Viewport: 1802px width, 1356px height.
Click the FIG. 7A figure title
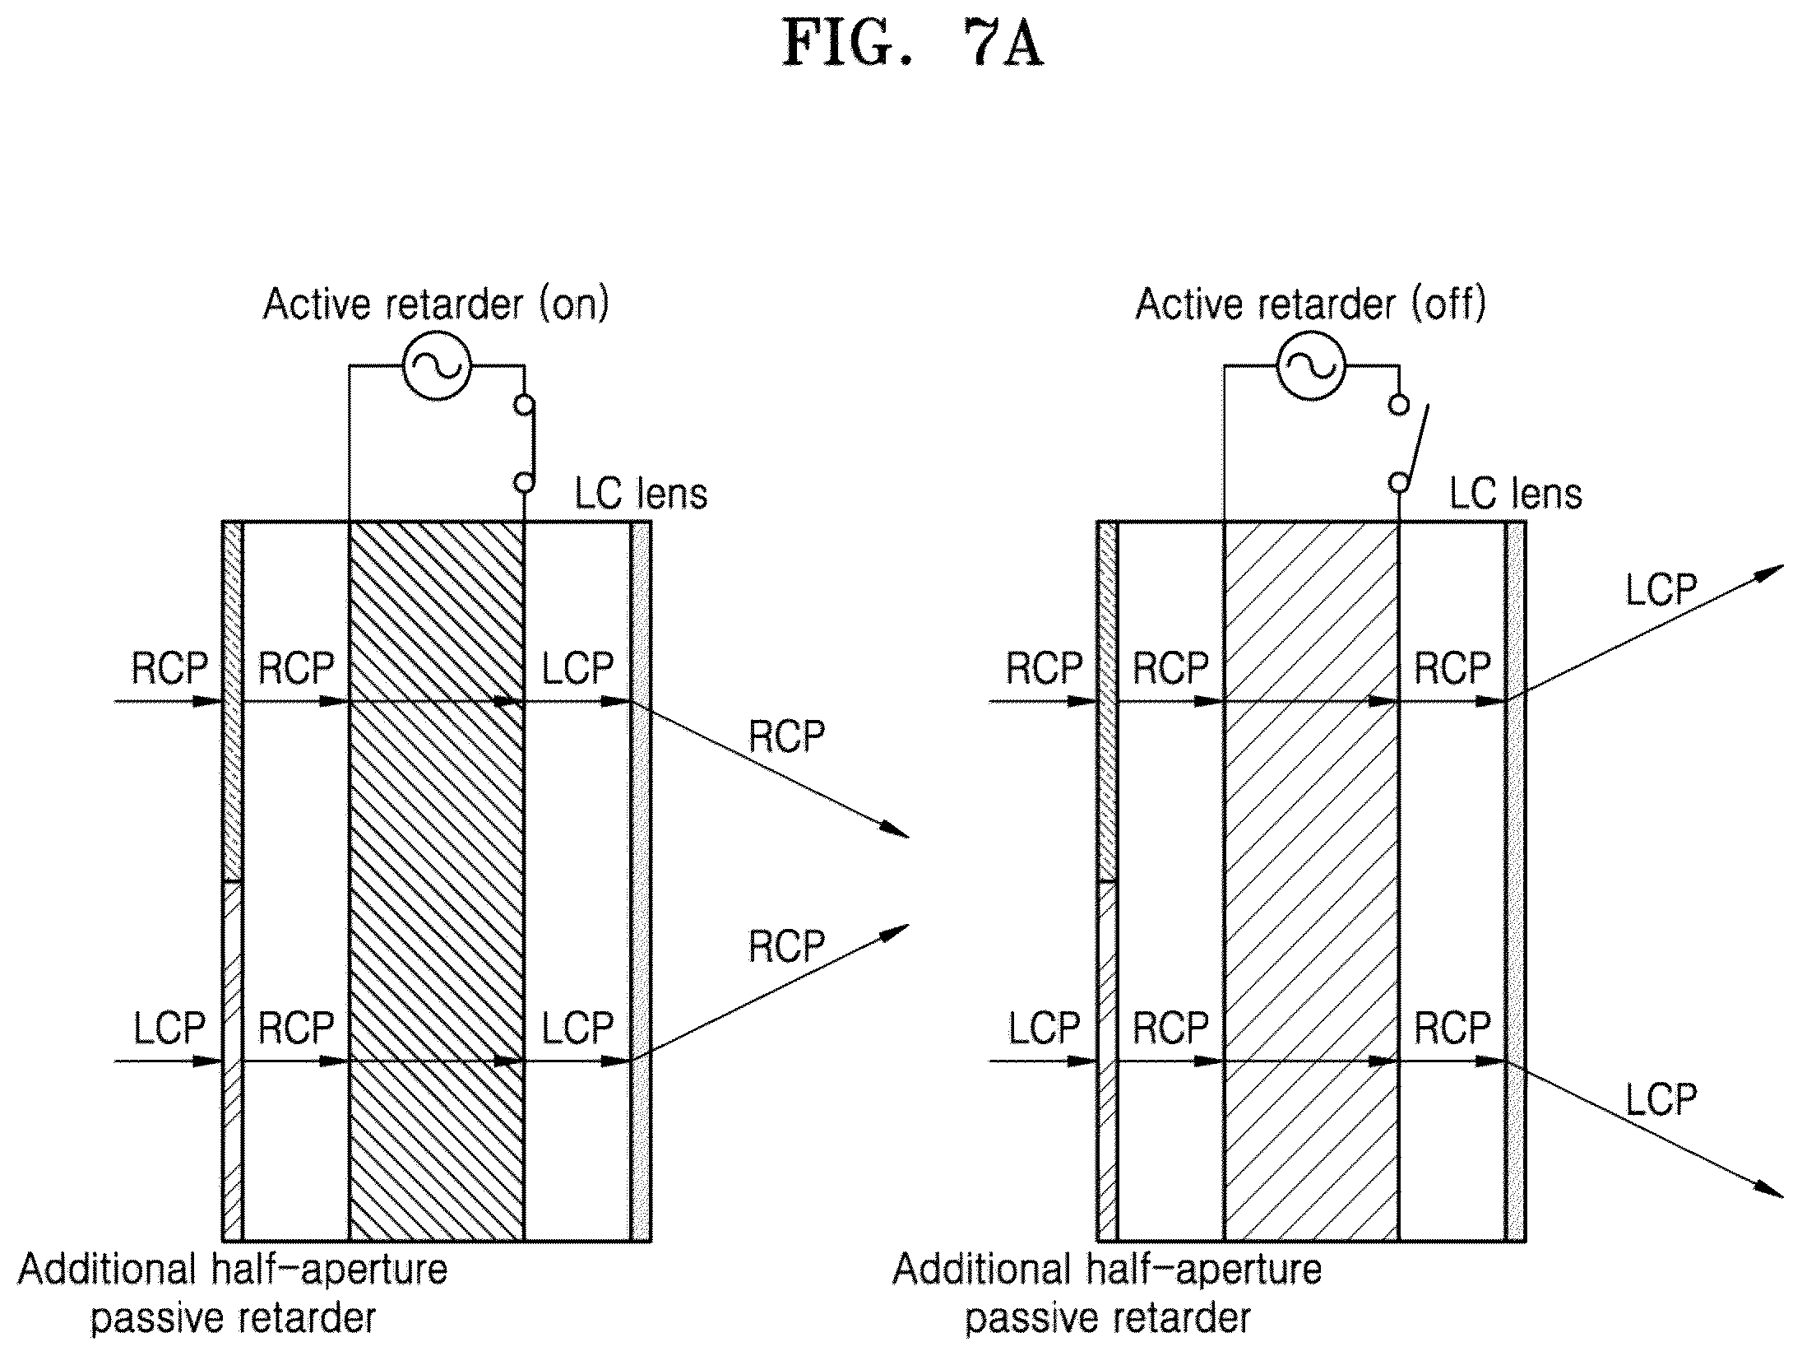(x=913, y=44)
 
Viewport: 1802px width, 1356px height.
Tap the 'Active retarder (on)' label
(x=437, y=304)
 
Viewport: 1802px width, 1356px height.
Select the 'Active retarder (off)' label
(x=1311, y=304)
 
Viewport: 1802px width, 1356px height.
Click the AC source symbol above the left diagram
(x=437, y=366)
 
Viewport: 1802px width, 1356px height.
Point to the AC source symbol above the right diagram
(x=1311, y=366)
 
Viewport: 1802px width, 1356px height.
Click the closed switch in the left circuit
(x=524, y=443)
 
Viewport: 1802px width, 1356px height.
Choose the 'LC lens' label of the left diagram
(x=641, y=495)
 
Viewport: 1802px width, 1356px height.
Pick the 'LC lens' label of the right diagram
(x=1515, y=495)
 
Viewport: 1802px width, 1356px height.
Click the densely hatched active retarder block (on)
(x=437, y=880)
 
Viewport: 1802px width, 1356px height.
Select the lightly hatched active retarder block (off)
(x=1311, y=880)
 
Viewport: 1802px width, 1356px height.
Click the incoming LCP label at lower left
(x=169, y=1028)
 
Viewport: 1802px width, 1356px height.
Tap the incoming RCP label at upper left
(x=169, y=668)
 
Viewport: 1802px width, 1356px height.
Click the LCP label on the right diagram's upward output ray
(x=1661, y=589)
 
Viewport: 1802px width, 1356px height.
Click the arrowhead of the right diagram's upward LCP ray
(x=1771, y=573)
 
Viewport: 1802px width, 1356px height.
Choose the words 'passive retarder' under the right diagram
(x=1107, y=1319)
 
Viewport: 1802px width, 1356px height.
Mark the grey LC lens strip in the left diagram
(x=641, y=880)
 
